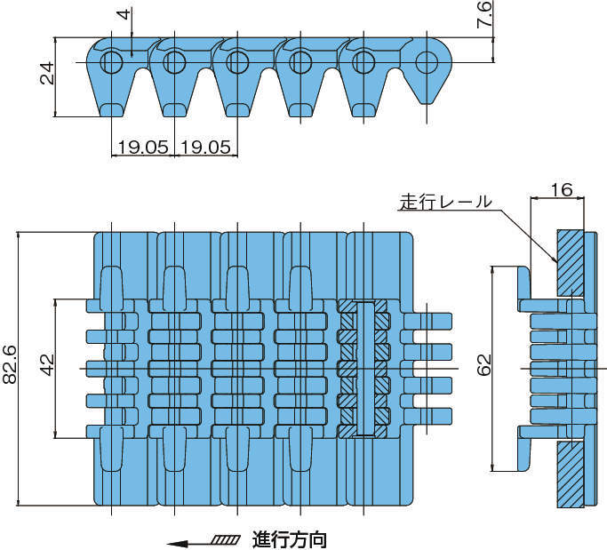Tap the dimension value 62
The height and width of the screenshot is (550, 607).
[x=484, y=365]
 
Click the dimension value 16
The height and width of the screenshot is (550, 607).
[x=560, y=189]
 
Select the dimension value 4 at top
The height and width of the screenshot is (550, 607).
[x=123, y=15]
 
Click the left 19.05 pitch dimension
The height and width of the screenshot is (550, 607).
[x=142, y=147]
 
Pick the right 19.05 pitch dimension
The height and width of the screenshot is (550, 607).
[x=205, y=147]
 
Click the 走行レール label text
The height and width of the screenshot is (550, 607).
[x=444, y=202]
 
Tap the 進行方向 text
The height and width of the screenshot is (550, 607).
[x=290, y=538]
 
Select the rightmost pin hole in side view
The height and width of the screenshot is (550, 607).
[x=427, y=61]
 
